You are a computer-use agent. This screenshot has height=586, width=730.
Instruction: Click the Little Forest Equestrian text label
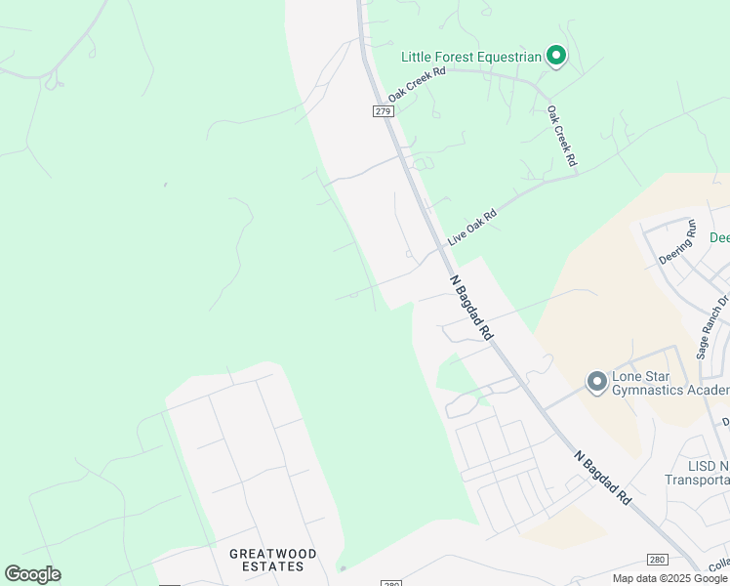(471, 57)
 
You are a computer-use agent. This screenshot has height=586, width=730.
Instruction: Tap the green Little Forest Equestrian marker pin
(556, 56)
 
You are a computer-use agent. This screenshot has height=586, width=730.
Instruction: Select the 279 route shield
(382, 111)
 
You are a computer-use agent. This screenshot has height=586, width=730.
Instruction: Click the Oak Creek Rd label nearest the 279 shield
(417, 85)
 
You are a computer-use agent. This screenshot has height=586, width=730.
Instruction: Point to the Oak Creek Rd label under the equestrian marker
(561, 135)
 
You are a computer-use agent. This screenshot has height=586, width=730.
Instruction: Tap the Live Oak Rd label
(472, 228)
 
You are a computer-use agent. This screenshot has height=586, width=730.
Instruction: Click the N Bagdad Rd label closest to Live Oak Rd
(472, 307)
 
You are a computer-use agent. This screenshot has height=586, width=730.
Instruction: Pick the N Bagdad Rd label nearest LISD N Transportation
(601, 478)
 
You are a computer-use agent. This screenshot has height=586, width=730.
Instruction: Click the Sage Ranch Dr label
(713, 327)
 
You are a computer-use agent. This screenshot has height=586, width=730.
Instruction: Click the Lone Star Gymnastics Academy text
(669, 385)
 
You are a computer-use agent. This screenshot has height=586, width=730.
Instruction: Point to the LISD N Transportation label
(697, 473)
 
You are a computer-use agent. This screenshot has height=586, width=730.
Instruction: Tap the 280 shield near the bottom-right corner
(658, 559)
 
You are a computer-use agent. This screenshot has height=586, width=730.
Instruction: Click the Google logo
(32, 574)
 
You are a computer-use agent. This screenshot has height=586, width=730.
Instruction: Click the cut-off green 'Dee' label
(718, 237)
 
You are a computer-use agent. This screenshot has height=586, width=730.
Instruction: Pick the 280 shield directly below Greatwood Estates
(390, 583)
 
